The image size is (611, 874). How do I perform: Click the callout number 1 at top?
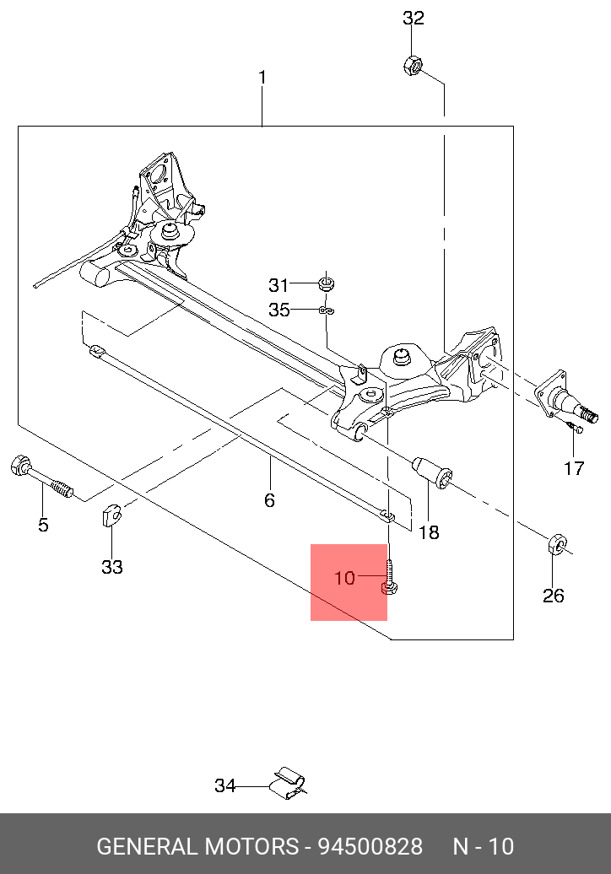tap(262, 78)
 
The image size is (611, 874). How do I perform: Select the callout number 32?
tap(414, 18)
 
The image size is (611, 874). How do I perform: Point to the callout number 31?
tap(278, 285)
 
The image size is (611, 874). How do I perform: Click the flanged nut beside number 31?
tap(326, 281)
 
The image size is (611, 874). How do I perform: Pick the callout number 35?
tap(278, 310)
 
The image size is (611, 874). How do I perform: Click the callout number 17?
tap(574, 468)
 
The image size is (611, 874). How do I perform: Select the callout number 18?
tap(429, 532)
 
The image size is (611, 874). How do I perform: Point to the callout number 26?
tap(553, 596)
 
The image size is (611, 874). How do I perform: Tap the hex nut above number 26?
tap(556, 544)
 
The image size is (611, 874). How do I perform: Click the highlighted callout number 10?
tap(345, 579)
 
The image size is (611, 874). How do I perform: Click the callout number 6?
tap(269, 500)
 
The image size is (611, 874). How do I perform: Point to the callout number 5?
tap(43, 525)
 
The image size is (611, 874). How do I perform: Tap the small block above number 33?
tap(111, 515)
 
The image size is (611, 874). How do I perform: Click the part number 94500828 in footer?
tap(369, 846)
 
